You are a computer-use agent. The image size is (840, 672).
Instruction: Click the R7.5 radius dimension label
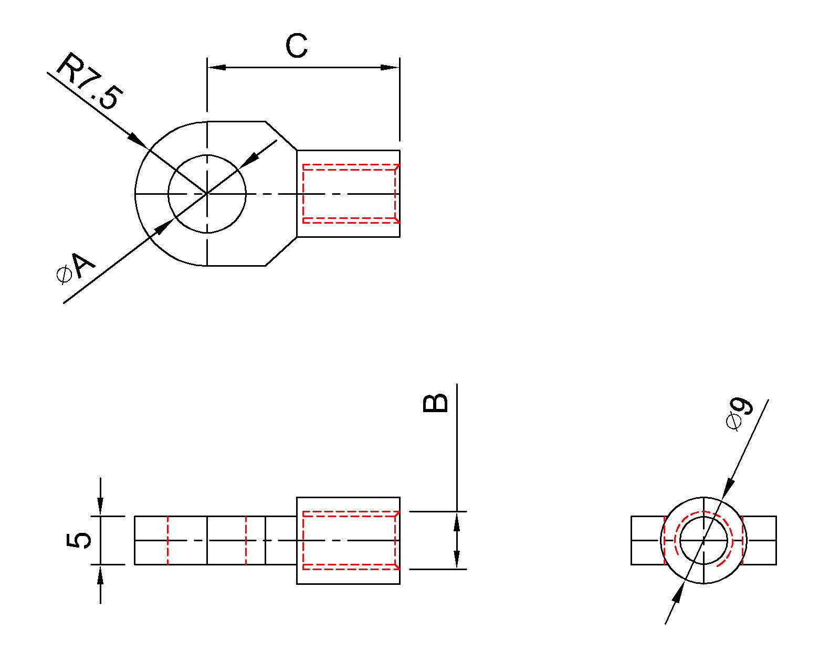88,81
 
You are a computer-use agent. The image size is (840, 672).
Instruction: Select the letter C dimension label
297,46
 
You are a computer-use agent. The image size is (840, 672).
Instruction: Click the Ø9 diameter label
740,414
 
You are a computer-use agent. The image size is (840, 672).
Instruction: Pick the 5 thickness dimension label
79,540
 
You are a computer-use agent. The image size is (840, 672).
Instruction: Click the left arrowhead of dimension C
216,68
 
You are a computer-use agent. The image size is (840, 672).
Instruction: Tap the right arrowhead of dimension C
390,68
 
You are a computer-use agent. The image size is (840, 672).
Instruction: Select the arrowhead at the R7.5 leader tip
138,140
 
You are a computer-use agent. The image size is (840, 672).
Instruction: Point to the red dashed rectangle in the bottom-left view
349,512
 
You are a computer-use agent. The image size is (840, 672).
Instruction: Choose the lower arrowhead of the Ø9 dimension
678,593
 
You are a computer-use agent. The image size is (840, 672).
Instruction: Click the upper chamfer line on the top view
281,136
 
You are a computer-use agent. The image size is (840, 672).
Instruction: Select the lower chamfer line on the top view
281,251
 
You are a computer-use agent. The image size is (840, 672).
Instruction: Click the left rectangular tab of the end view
646,540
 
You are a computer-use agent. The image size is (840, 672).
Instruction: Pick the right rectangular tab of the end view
760,540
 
